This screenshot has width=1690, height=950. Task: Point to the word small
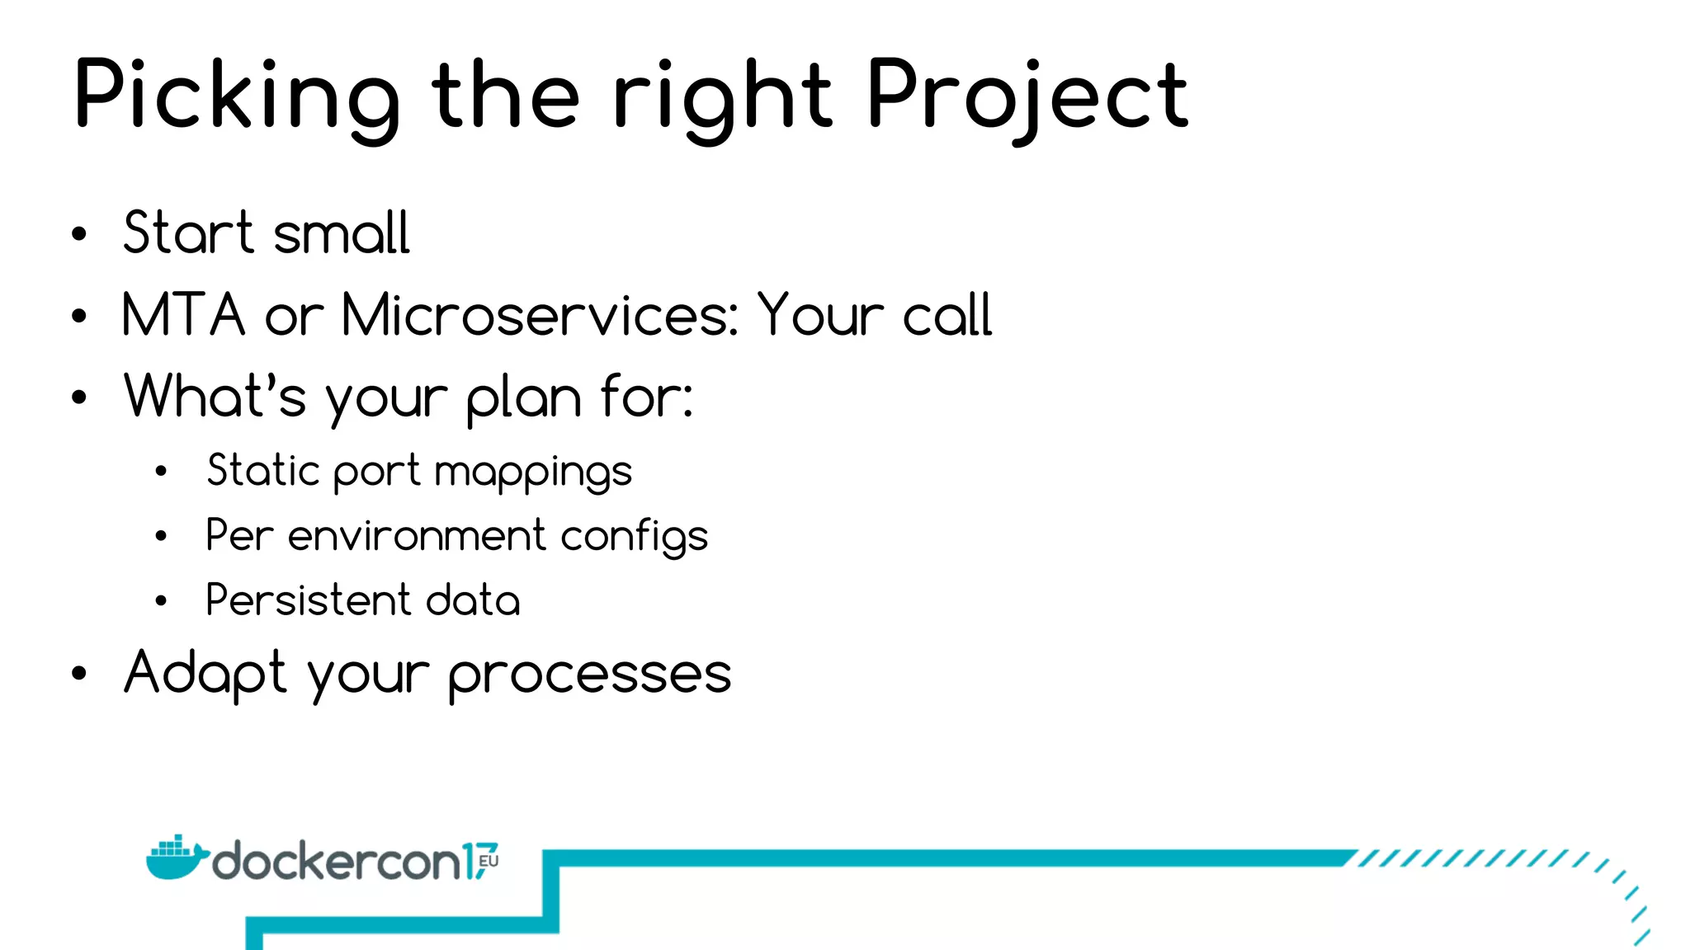click(x=341, y=234)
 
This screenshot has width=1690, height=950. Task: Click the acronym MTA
click(x=183, y=315)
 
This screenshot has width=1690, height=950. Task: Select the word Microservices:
click(x=541, y=315)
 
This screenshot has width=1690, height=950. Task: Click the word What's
click(x=215, y=397)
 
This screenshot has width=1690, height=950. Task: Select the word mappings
click(x=533, y=473)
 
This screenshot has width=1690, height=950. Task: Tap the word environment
click(x=417, y=536)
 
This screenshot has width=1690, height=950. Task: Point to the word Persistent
click(x=308, y=600)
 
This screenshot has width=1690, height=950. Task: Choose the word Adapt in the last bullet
click(x=205, y=674)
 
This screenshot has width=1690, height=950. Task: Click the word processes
click(x=589, y=675)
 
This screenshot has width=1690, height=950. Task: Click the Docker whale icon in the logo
click(x=175, y=858)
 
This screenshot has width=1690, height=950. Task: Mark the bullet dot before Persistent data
click(x=161, y=601)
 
